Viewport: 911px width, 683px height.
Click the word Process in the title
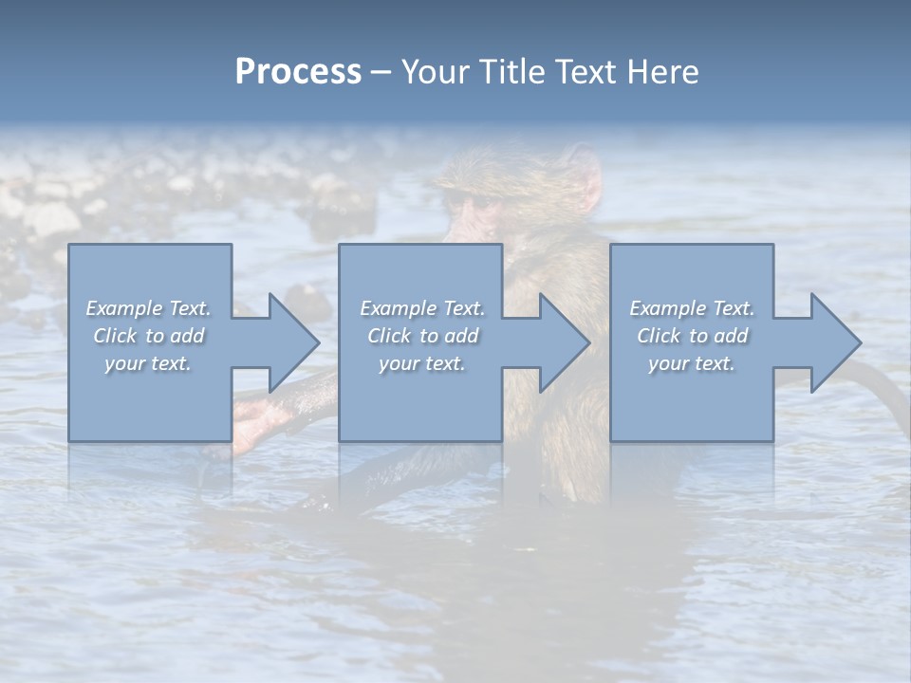(x=298, y=71)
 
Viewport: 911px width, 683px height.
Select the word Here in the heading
(x=660, y=71)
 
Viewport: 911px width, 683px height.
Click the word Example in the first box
(x=123, y=308)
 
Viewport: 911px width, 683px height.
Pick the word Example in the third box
(x=667, y=308)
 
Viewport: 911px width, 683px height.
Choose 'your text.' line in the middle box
(x=421, y=363)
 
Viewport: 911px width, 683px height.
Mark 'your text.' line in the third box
(x=691, y=363)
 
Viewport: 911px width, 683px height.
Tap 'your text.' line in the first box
(x=147, y=363)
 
